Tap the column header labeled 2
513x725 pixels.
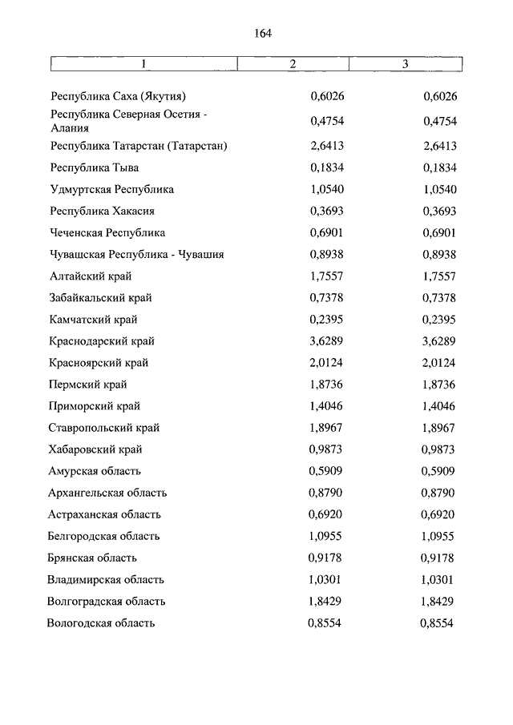(x=293, y=64)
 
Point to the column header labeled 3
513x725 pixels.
(x=405, y=64)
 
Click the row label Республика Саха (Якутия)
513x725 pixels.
(x=118, y=97)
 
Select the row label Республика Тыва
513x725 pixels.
(x=94, y=168)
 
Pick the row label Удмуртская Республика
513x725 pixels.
(x=111, y=190)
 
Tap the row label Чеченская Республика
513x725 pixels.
(x=107, y=233)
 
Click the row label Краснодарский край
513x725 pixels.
(x=101, y=341)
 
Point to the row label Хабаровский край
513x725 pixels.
(x=96, y=449)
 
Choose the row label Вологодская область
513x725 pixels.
(x=101, y=622)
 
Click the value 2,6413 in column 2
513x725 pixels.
(x=327, y=146)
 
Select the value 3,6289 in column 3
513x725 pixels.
(x=439, y=341)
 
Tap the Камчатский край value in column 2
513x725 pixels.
(x=327, y=320)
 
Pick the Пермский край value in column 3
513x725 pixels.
(x=439, y=385)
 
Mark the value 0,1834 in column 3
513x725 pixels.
(x=439, y=168)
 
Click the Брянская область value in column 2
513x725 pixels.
(x=327, y=558)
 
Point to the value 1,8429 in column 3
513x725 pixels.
(x=439, y=601)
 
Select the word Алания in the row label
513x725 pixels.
(x=70, y=127)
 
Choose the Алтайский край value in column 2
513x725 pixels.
(x=327, y=276)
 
